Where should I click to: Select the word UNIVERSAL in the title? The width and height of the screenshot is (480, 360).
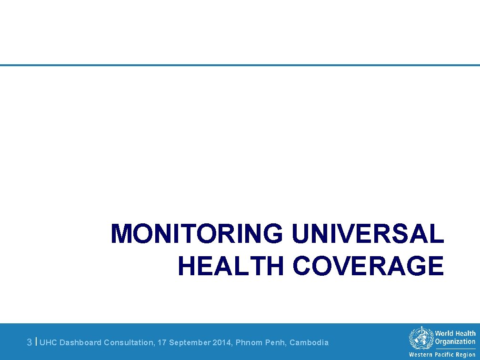coord(368,234)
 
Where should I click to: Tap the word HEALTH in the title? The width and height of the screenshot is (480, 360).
coord(230,266)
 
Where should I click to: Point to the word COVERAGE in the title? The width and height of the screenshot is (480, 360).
coord(368,266)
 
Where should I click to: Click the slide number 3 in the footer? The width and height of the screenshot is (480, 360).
coord(30,342)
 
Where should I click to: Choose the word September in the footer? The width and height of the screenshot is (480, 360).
coord(189,342)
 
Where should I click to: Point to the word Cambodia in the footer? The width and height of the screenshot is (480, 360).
coord(309,342)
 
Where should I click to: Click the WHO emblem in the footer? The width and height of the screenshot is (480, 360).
coord(420,339)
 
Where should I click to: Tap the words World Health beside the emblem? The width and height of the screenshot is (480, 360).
coord(455,334)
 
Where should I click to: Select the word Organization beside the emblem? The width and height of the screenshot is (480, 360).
coord(455,341)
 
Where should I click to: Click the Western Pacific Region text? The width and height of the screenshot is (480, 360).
coord(442,355)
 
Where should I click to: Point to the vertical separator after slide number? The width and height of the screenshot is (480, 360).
coord(37,341)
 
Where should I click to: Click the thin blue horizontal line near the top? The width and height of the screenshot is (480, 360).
coord(240,65)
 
